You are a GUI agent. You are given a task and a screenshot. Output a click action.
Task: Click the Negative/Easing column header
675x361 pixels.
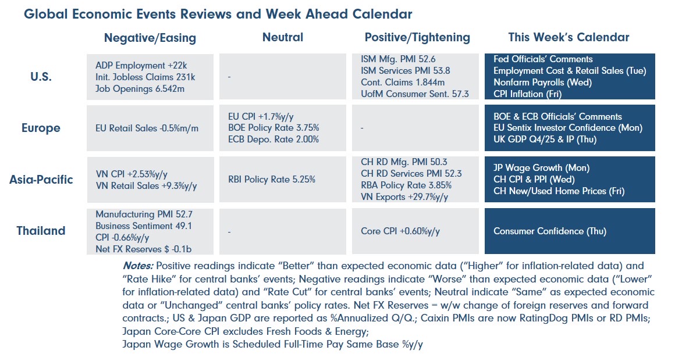click(150, 38)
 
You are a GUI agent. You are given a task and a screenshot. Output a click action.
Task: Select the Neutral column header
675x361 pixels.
click(283, 37)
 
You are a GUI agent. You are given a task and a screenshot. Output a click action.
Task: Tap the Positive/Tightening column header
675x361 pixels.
click(417, 37)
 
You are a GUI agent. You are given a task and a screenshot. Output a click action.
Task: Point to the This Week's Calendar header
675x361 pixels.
click(569, 37)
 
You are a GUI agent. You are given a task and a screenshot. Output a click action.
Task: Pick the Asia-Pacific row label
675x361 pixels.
click(41, 179)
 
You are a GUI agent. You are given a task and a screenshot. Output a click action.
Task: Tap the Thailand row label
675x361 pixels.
click(41, 231)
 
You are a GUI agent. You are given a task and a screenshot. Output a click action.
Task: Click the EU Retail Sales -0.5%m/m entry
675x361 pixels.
click(147, 128)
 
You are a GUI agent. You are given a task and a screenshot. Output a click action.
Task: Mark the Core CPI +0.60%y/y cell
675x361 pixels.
click(400, 231)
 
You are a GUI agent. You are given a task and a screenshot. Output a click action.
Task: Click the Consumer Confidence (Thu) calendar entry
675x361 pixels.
click(550, 231)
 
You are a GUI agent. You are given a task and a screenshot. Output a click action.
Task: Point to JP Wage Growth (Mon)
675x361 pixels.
click(541, 168)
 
